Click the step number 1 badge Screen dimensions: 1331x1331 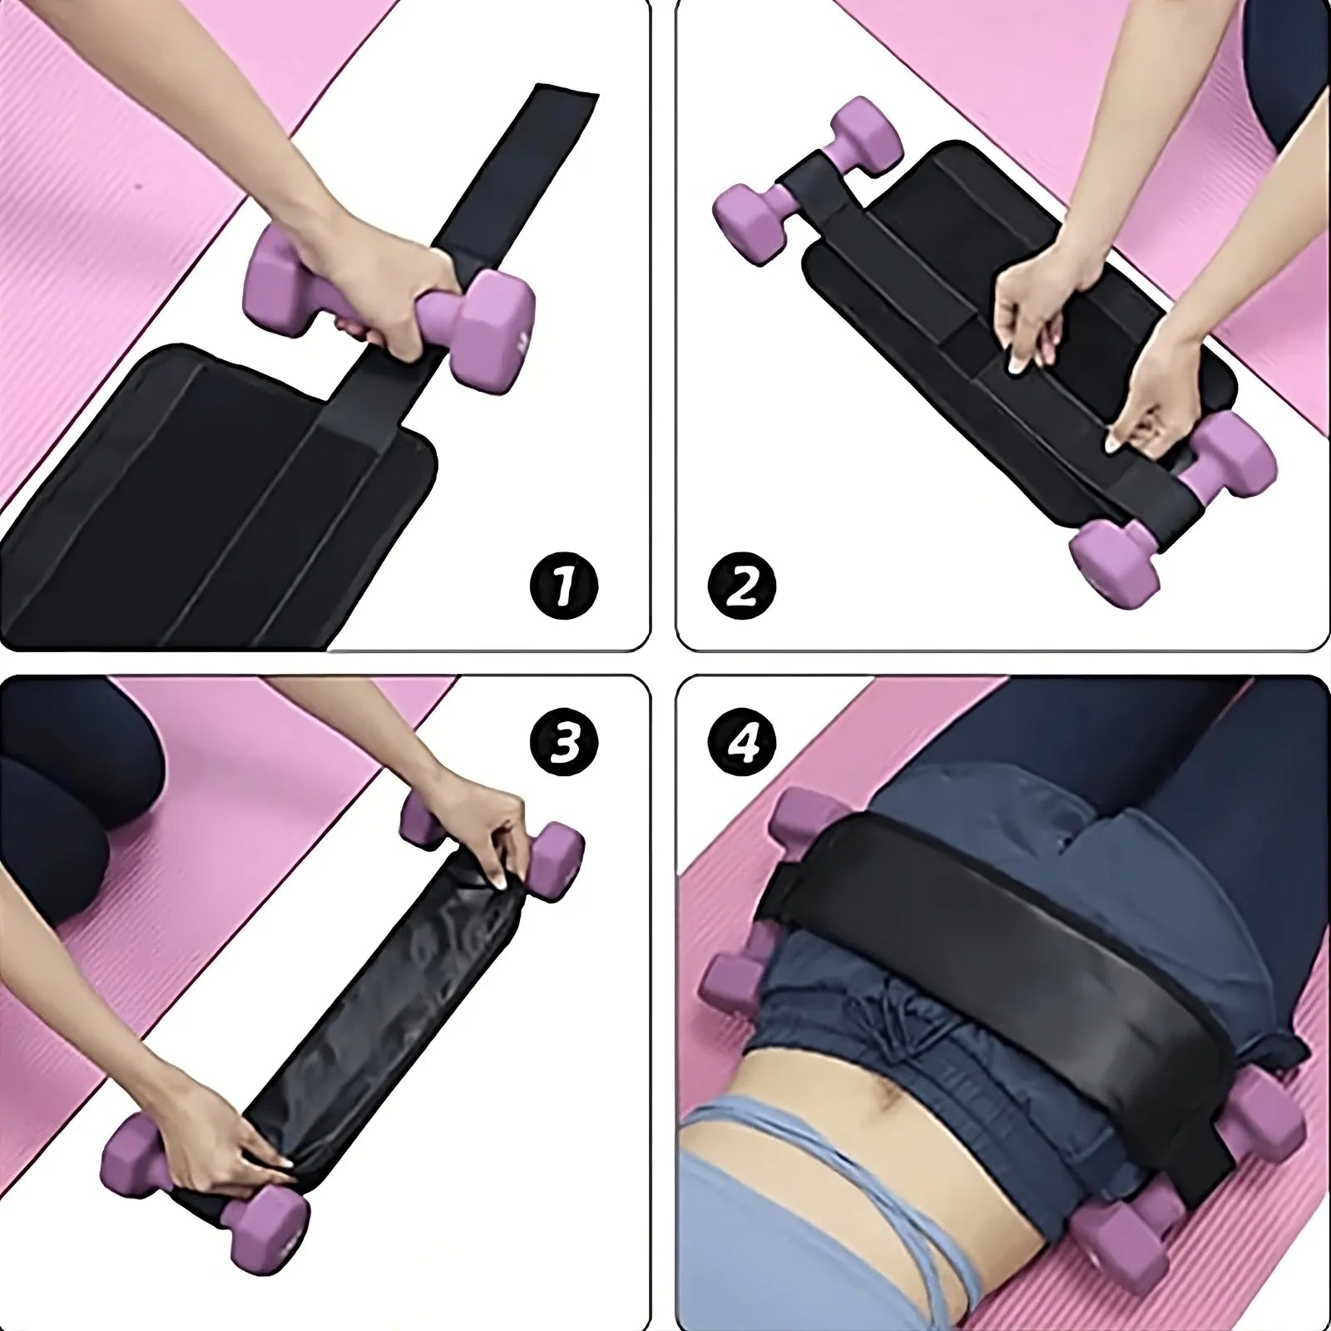(x=565, y=587)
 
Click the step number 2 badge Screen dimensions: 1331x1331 (x=742, y=587)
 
